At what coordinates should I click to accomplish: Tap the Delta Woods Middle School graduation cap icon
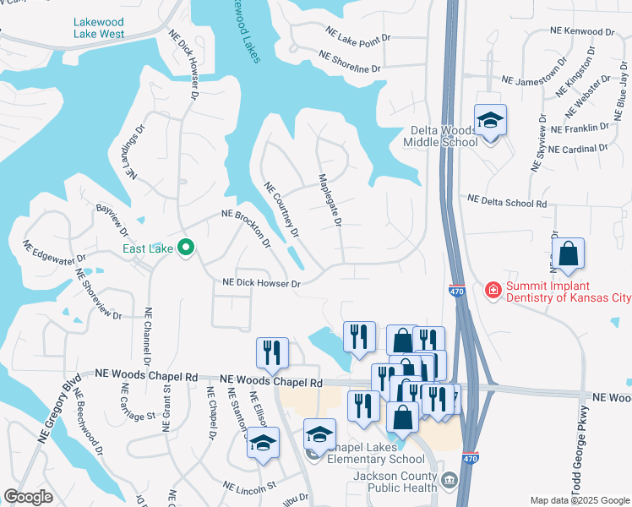[x=489, y=120]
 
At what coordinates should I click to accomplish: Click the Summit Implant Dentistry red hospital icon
[x=492, y=291]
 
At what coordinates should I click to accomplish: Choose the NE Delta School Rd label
[x=507, y=203]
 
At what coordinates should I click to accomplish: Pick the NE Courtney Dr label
[x=282, y=209]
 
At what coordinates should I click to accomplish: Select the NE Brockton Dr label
[x=246, y=226]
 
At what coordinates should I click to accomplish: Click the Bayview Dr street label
[x=112, y=220]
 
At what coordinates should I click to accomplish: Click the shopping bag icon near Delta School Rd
[x=568, y=253]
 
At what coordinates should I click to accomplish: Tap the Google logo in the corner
[x=29, y=496]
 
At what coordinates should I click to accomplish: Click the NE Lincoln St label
[x=250, y=487]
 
